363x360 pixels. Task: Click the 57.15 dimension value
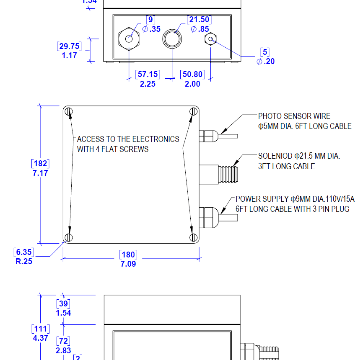(148, 75)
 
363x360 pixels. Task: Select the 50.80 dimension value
(193, 75)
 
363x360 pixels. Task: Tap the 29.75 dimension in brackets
(69, 46)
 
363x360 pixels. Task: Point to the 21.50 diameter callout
(199, 20)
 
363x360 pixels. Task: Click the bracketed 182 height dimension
(40, 163)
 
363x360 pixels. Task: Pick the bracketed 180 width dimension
(128, 255)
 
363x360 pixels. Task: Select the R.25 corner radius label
(23, 262)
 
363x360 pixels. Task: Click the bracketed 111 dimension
(40, 329)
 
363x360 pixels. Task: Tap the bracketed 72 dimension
(63, 341)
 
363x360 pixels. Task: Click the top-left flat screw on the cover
(69, 111)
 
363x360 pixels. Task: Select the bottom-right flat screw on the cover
(193, 237)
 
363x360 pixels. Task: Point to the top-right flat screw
(193, 111)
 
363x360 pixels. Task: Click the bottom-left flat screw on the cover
(69, 237)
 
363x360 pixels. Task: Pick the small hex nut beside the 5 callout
(210, 39)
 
